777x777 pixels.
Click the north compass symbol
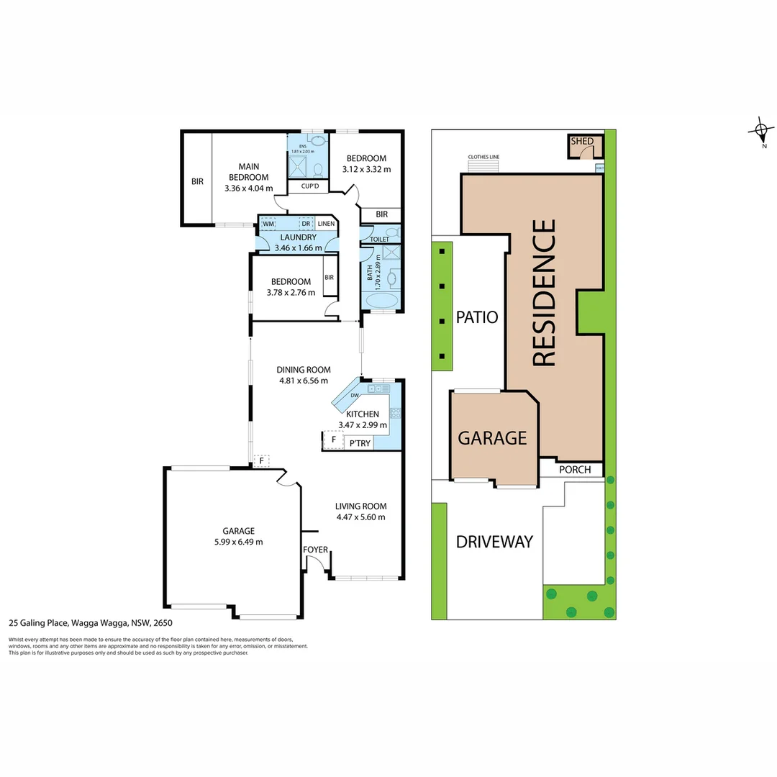coord(760,131)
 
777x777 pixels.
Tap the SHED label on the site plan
coord(582,142)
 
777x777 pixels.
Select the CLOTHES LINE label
coord(483,156)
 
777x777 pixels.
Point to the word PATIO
coord(477,317)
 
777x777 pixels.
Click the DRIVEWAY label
coord(494,542)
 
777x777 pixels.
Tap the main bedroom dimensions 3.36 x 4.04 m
coord(249,188)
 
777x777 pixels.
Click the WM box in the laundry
coord(269,224)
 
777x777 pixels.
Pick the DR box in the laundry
coord(306,224)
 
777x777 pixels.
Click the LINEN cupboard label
coord(326,224)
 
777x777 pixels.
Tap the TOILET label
coord(379,239)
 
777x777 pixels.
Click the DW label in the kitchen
coord(354,396)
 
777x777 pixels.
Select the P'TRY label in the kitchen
coord(360,443)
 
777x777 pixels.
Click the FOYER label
coord(315,550)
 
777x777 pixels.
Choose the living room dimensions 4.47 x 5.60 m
coord(361,517)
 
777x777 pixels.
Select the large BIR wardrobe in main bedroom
coord(197,182)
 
